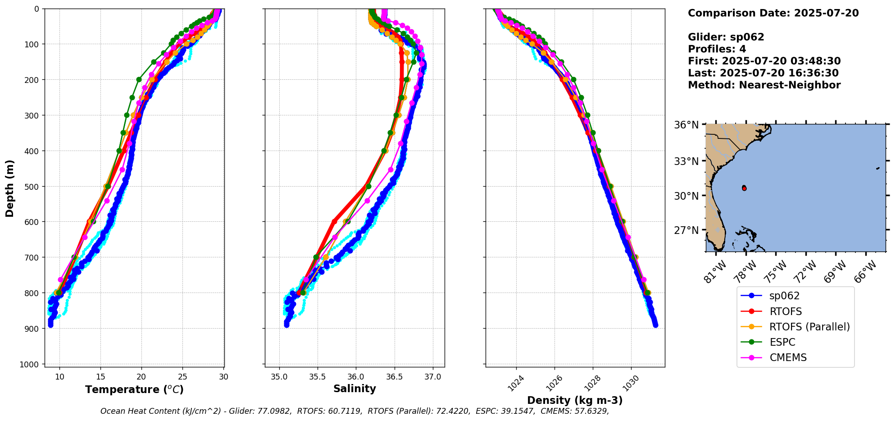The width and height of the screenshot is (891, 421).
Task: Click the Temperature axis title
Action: [134, 389]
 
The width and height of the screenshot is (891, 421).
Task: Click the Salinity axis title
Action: [355, 389]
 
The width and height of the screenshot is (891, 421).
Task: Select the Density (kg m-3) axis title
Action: [575, 400]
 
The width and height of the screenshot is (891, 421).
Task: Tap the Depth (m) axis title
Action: [10, 188]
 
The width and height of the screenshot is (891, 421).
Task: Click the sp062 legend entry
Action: [784, 296]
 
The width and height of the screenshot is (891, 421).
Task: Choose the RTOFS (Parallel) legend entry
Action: [809, 327]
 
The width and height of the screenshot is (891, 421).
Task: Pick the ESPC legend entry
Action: [782, 342]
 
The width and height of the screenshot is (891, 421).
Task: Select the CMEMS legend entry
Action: [788, 357]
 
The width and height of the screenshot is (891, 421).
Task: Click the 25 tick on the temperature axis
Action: [182, 377]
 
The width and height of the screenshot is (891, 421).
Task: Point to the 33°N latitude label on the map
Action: [686, 161]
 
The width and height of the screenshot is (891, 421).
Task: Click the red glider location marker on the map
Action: [744, 188]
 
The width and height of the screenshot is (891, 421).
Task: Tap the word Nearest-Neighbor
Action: [790, 85]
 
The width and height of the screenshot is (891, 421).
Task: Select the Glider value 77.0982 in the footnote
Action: [275, 411]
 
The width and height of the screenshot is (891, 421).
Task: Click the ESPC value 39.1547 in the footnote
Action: [516, 411]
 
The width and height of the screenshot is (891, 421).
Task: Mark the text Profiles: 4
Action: [717, 49]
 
